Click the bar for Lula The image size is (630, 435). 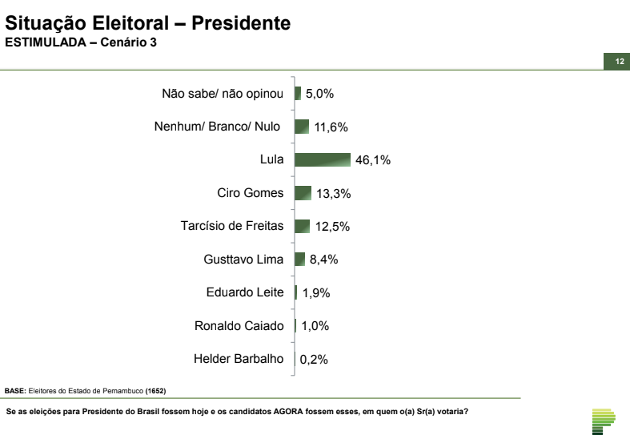(323, 160)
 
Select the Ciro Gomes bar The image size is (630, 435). (303, 193)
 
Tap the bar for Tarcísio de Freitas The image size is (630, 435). (302, 226)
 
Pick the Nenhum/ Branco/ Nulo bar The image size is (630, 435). (302, 127)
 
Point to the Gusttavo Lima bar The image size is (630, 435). (299, 259)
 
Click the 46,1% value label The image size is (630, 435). (372, 160)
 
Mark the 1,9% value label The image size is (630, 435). (316, 293)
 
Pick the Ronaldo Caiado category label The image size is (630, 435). (239, 325)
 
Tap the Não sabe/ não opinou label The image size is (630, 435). (223, 94)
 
